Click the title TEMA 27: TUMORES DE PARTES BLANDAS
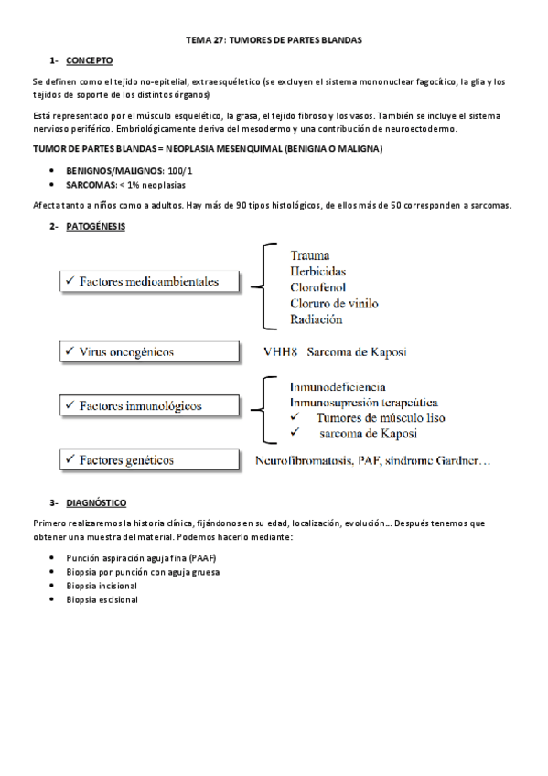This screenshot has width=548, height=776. (x=274, y=40)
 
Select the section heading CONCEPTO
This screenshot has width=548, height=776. (x=89, y=60)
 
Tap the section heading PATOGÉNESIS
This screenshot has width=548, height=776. (x=96, y=225)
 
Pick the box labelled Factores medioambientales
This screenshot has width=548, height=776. (x=148, y=282)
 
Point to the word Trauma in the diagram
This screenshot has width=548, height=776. (x=310, y=255)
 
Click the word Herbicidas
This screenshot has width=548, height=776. (x=318, y=271)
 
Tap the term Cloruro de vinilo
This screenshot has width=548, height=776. (x=334, y=303)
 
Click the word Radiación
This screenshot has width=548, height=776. (x=317, y=319)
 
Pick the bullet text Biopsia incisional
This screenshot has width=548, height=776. (x=102, y=586)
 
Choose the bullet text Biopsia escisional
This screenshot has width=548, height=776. (x=102, y=600)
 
